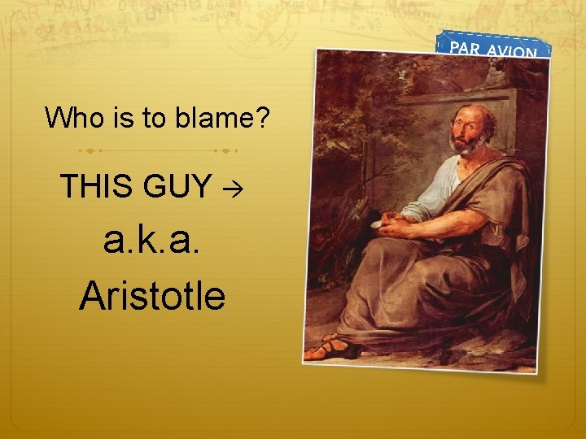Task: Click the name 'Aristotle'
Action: pyautogui.click(x=152, y=295)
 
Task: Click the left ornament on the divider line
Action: pyautogui.click(x=90, y=150)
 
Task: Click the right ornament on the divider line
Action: pyautogui.click(x=225, y=150)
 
